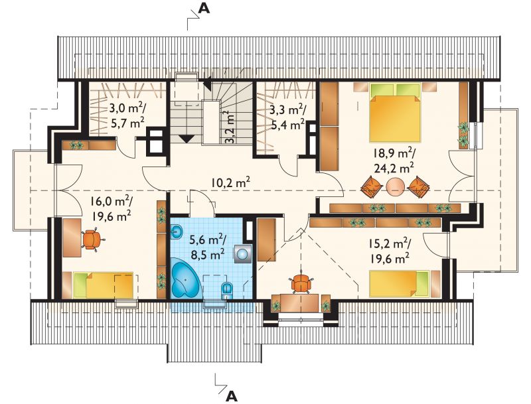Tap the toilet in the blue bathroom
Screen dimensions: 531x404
click(x=226, y=291)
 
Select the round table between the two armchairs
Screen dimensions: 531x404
click(x=395, y=186)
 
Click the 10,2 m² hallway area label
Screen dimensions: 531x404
click(x=231, y=183)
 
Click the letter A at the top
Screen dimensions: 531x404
click(x=204, y=8)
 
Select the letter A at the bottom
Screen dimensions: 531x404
click(x=231, y=395)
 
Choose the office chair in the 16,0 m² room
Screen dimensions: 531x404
click(x=91, y=239)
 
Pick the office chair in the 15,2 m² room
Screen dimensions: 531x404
click(x=301, y=282)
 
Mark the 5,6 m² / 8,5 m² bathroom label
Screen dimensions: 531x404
click(x=207, y=247)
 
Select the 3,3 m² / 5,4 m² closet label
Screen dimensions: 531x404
click(x=288, y=117)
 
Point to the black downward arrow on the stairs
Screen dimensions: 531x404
click(x=187, y=139)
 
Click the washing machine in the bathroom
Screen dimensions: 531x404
click(x=242, y=254)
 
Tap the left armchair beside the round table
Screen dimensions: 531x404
click(x=372, y=186)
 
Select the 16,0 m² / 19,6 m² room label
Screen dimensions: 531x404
click(x=111, y=209)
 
